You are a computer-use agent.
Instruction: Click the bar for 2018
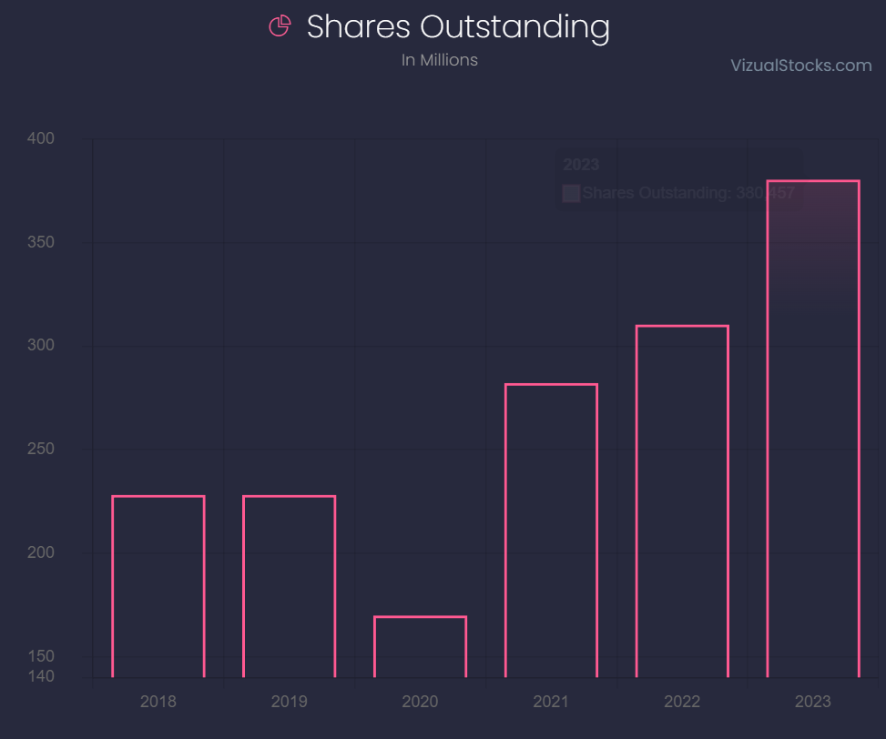point(158,587)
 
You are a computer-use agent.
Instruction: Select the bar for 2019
point(289,587)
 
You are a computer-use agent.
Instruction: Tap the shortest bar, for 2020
point(420,647)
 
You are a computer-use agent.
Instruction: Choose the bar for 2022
point(682,501)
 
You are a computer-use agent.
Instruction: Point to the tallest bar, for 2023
point(813,429)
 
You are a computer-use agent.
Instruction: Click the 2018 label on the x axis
point(158,702)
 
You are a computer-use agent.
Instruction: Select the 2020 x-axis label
point(420,702)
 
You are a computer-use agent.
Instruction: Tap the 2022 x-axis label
point(682,702)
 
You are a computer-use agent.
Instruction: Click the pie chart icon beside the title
point(280,26)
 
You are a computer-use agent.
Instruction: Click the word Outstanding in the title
point(514,27)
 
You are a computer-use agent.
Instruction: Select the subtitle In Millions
point(440,60)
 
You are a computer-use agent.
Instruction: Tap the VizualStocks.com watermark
point(801,65)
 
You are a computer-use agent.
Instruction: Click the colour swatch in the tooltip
point(572,193)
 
